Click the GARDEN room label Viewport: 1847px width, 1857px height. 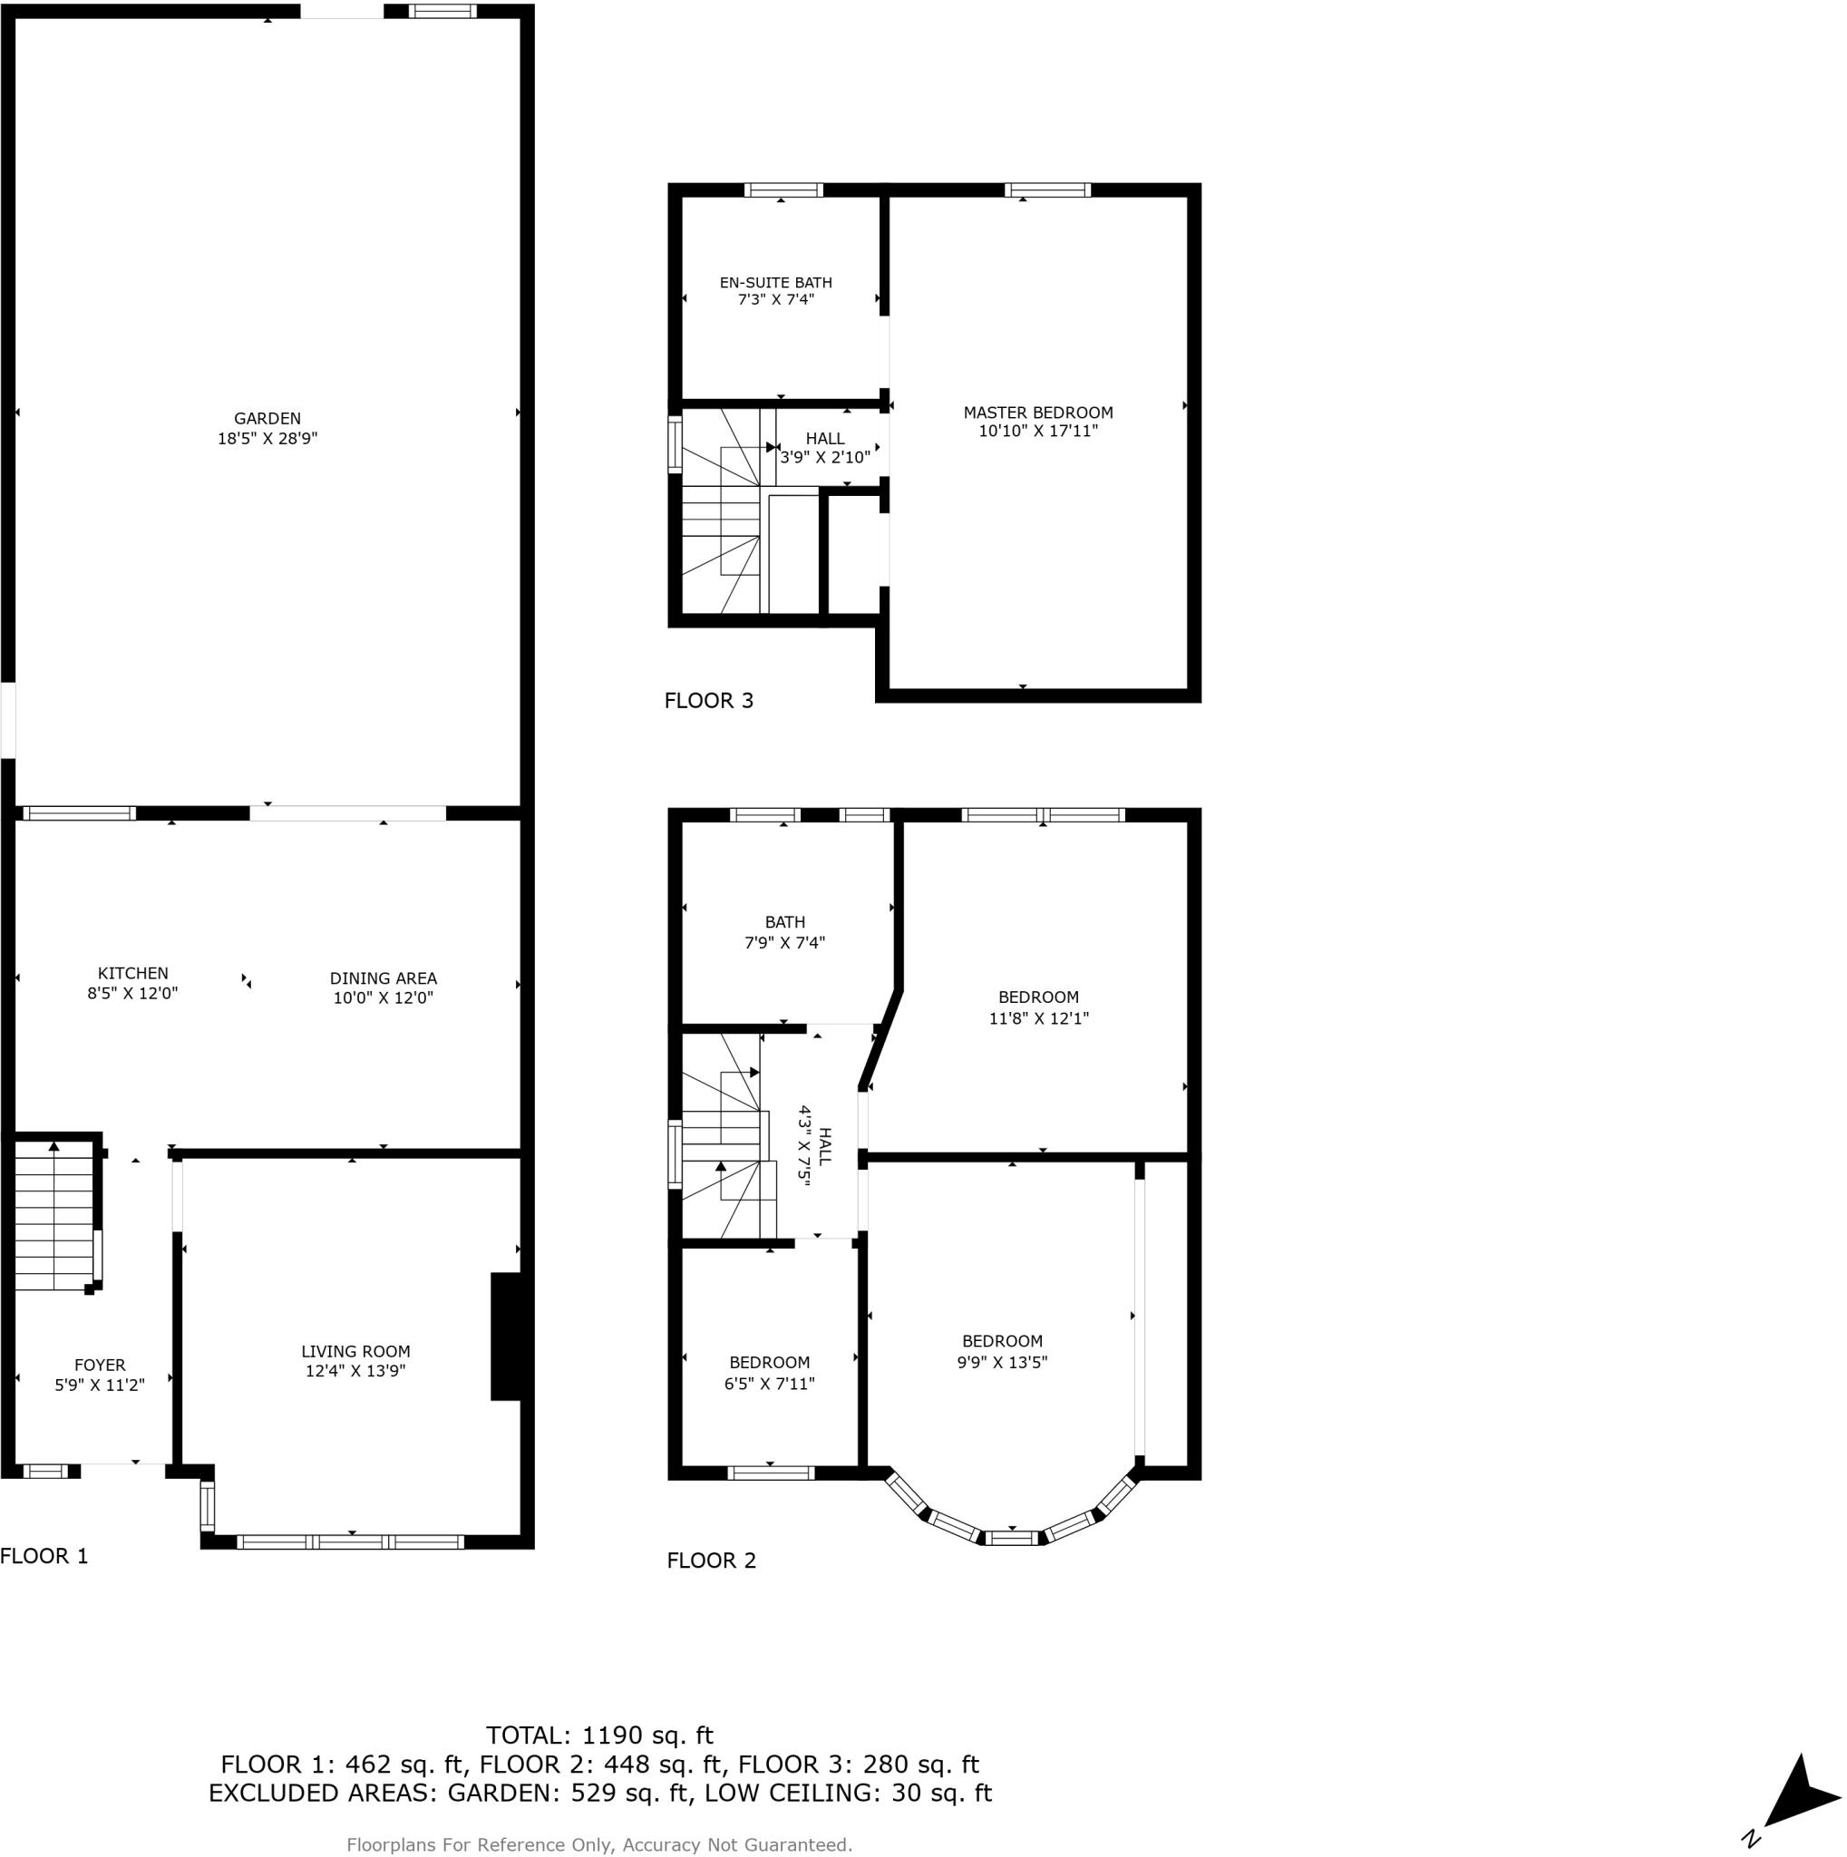[x=267, y=419]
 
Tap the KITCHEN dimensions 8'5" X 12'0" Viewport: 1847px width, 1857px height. [x=132, y=994]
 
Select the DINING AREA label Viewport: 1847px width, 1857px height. [x=383, y=978]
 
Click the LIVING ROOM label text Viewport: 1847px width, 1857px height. [x=355, y=1351]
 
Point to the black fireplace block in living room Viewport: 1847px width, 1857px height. [x=507, y=1336]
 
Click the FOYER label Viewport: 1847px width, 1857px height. [x=100, y=1365]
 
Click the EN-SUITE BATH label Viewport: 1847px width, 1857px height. [x=775, y=283]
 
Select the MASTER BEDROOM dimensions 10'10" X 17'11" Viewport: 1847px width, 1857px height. [x=1038, y=432]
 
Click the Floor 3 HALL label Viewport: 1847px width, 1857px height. [x=824, y=439]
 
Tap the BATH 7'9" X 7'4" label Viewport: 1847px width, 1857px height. [x=784, y=932]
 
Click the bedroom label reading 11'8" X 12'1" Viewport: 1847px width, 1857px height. [x=1038, y=1018]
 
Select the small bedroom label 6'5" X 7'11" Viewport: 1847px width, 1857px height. [x=769, y=1384]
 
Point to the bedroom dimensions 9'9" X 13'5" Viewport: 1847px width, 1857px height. [x=1001, y=1362]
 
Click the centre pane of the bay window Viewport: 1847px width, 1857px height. [x=1014, y=1538]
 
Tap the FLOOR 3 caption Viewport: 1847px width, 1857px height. [x=708, y=701]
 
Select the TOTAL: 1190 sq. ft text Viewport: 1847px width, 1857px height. [x=599, y=1735]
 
